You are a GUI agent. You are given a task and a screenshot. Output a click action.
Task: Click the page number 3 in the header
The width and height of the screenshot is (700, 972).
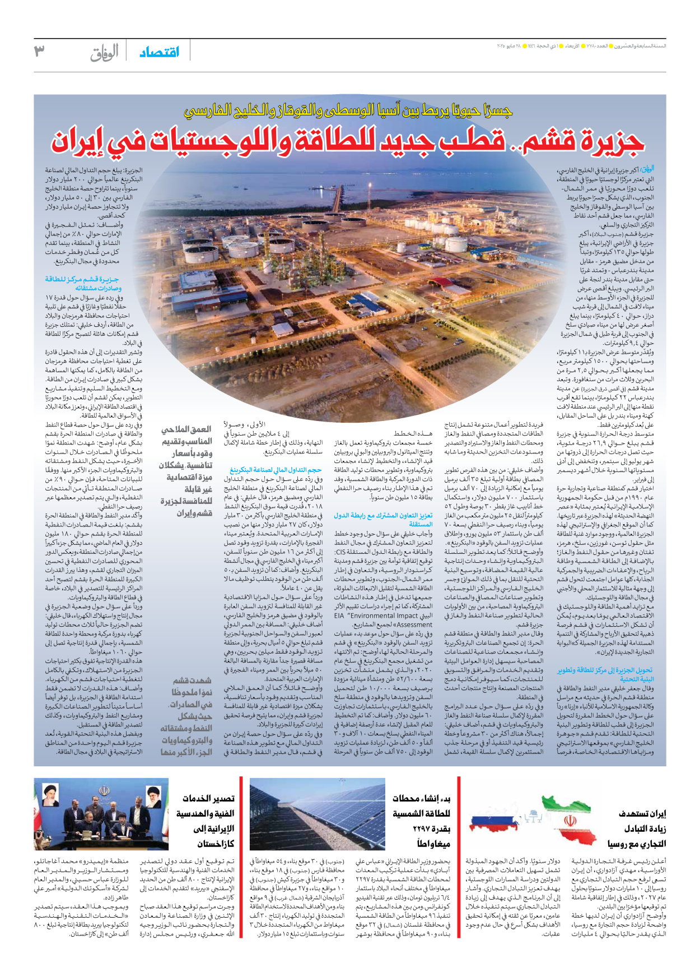(x=39, y=51)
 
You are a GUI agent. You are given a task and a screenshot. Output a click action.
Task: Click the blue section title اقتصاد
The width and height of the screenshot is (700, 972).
(x=160, y=52)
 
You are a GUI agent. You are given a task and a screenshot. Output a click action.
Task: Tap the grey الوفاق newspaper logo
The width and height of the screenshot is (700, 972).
(x=105, y=52)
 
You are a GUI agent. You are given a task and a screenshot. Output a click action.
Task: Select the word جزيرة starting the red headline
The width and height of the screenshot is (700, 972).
(x=610, y=140)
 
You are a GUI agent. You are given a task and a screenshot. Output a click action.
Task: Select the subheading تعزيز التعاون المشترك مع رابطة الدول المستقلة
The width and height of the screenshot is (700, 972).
(x=384, y=519)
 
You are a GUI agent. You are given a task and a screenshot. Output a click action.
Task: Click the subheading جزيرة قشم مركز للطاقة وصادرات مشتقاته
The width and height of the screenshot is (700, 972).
(x=82, y=283)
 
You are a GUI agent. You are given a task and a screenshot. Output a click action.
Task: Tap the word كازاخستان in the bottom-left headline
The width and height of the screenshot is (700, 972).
(x=215, y=844)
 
